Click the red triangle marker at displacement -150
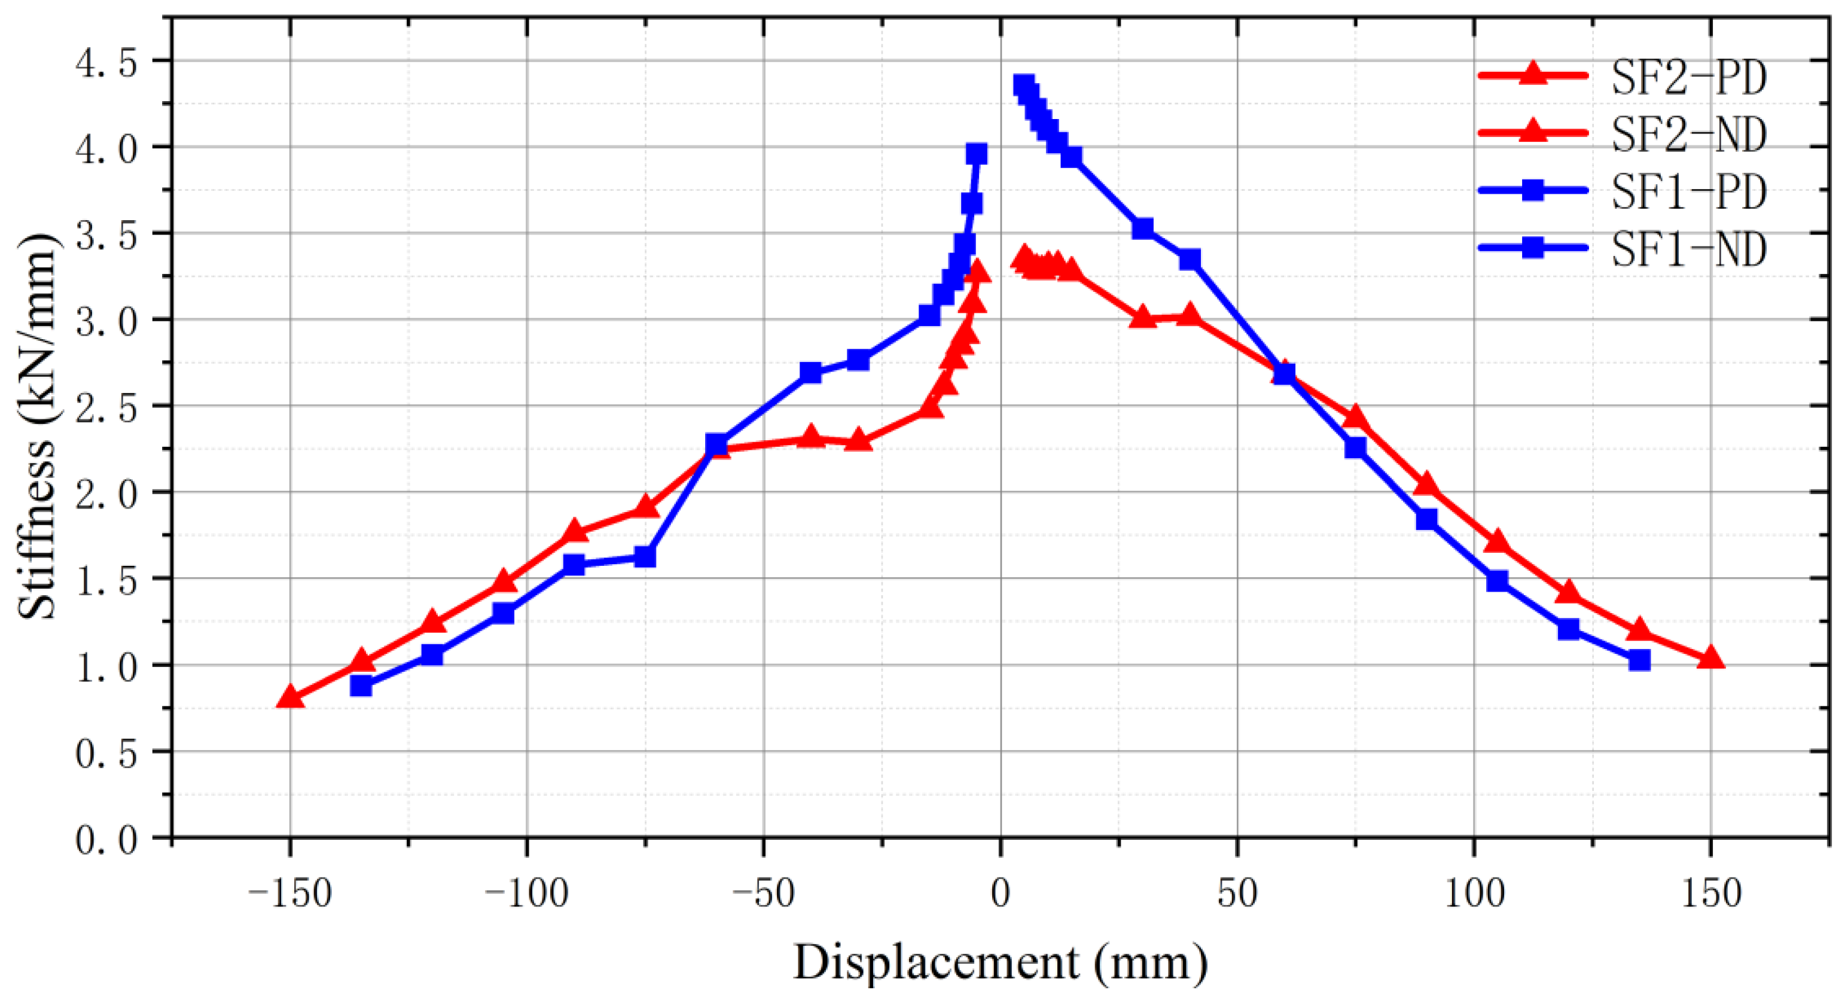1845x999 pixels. coord(289,696)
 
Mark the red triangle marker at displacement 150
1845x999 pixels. coord(1710,657)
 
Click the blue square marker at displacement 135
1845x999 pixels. coord(1639,660)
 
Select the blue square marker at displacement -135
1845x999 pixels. coord(361,685)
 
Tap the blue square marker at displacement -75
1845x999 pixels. coord(645,556)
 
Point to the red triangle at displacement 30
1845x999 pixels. coord(1142,318)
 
